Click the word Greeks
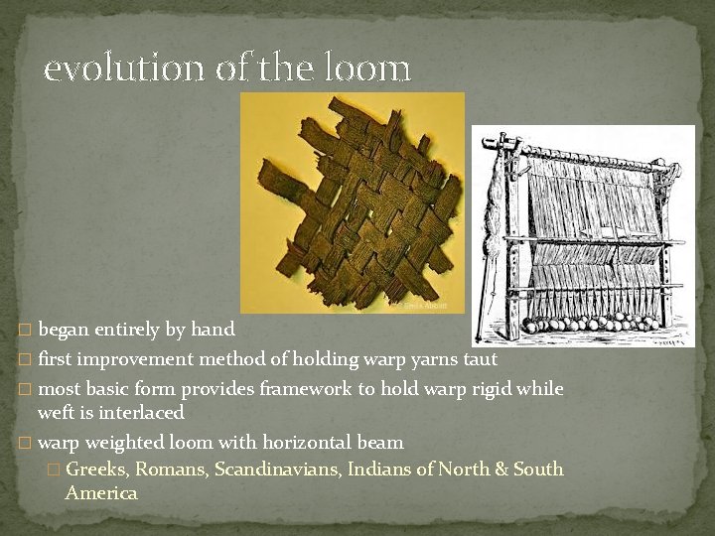(96, 469)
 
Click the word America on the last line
(101, 492)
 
